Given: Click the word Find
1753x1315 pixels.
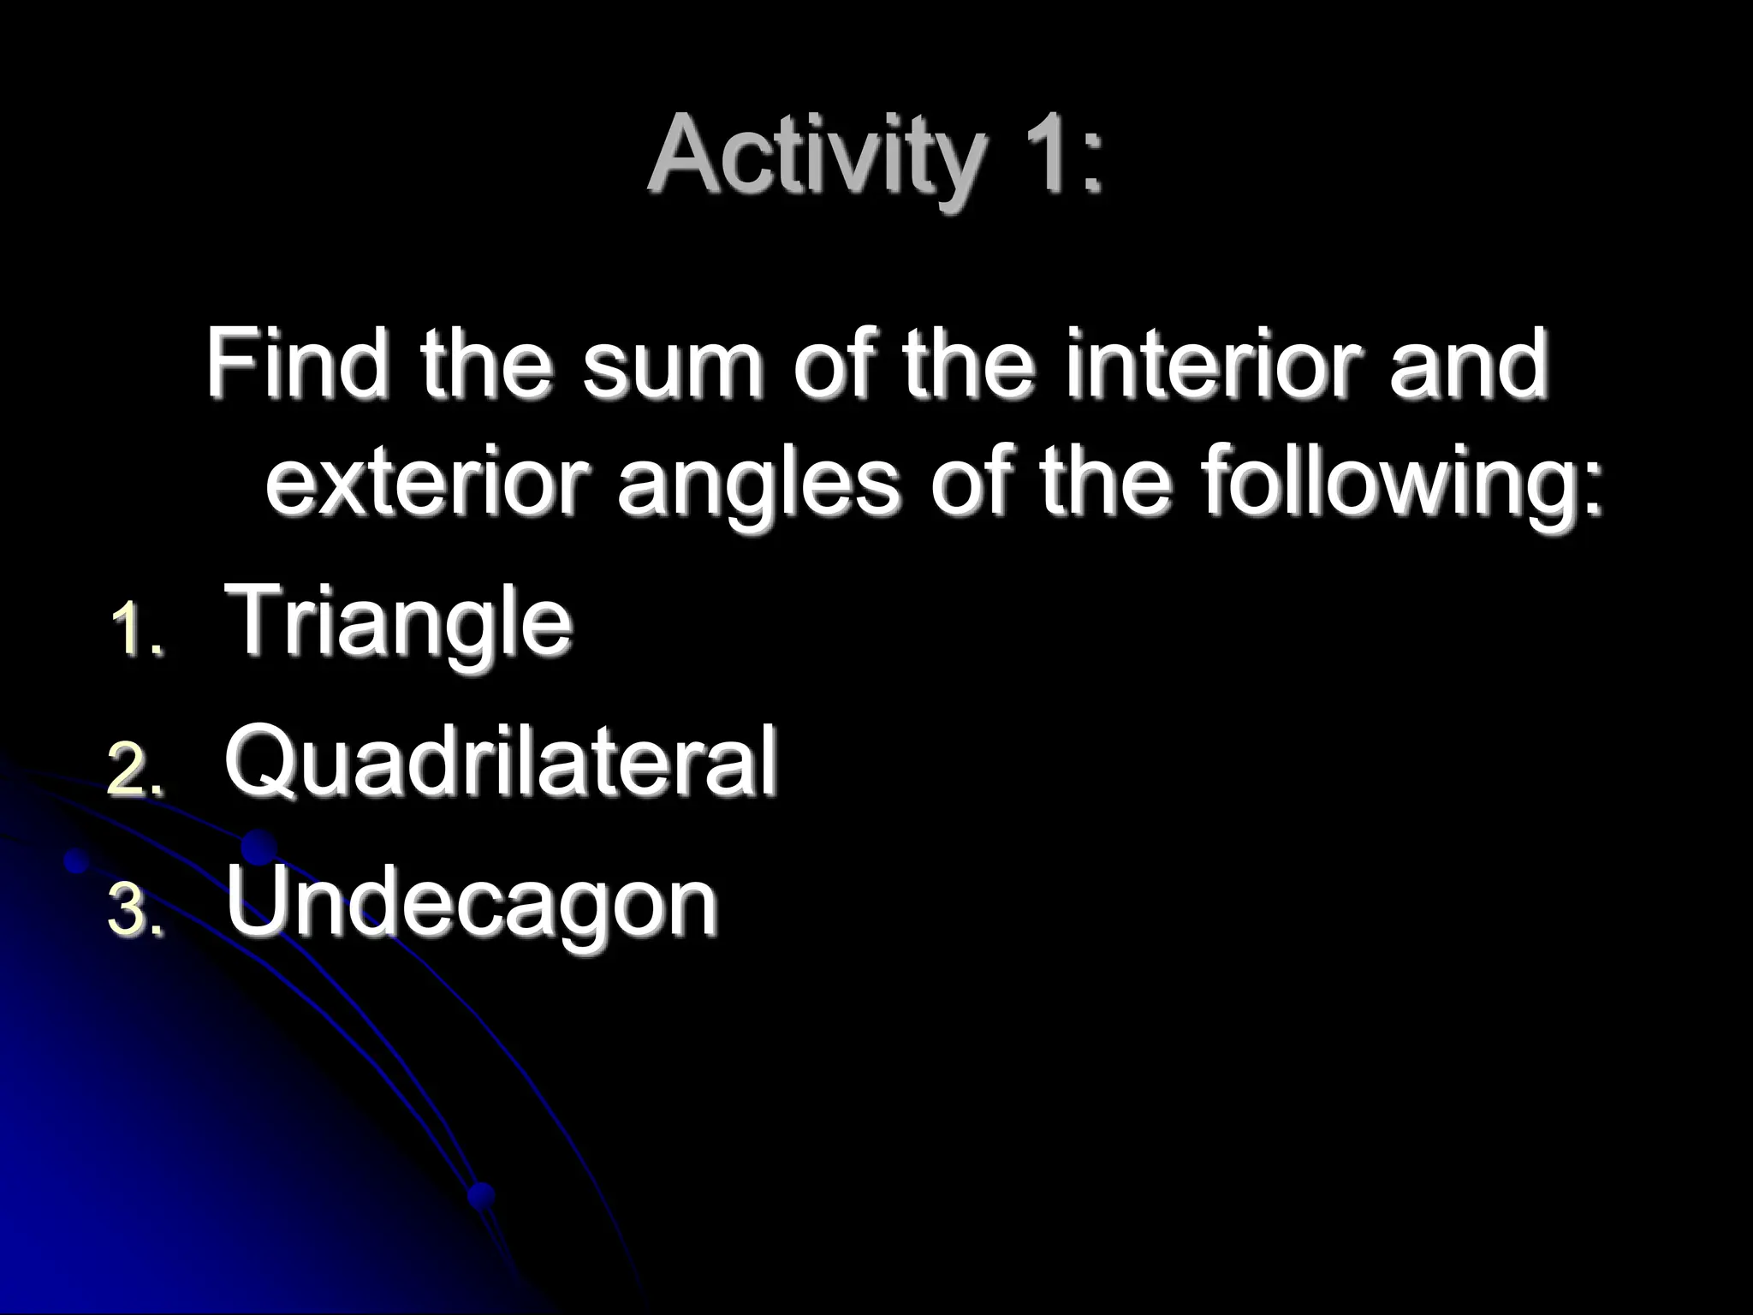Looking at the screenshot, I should point(296,364).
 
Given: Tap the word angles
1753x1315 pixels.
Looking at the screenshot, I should point(758,486).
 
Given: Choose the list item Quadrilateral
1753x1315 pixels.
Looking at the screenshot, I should point(501,759).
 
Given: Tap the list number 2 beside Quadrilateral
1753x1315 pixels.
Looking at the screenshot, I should point(135,771).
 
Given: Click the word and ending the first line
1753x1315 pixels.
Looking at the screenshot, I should point(1469,364).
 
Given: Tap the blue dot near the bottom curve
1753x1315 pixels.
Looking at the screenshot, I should point(482,1194).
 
